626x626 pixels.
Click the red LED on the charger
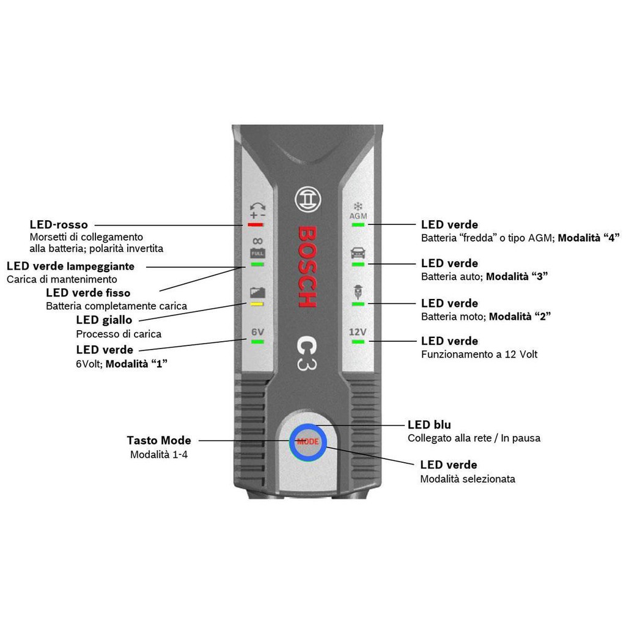[255, 224]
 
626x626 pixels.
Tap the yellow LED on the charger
[257, 303]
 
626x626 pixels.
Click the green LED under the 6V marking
[256, 342]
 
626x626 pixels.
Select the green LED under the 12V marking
[358, 341]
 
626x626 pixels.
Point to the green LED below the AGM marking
[358, 224]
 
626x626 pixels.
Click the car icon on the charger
[358, 252]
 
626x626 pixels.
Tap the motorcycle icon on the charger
[358, 292]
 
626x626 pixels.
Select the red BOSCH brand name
[307, 267]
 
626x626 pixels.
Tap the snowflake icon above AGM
[358, 207]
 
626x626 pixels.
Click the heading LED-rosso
[59, 224]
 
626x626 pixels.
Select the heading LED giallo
[104, 320]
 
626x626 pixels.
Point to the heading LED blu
[429, 424]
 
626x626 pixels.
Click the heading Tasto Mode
[159, 440]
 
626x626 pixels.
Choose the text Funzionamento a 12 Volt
[479, 354]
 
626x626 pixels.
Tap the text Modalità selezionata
[467, 479]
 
